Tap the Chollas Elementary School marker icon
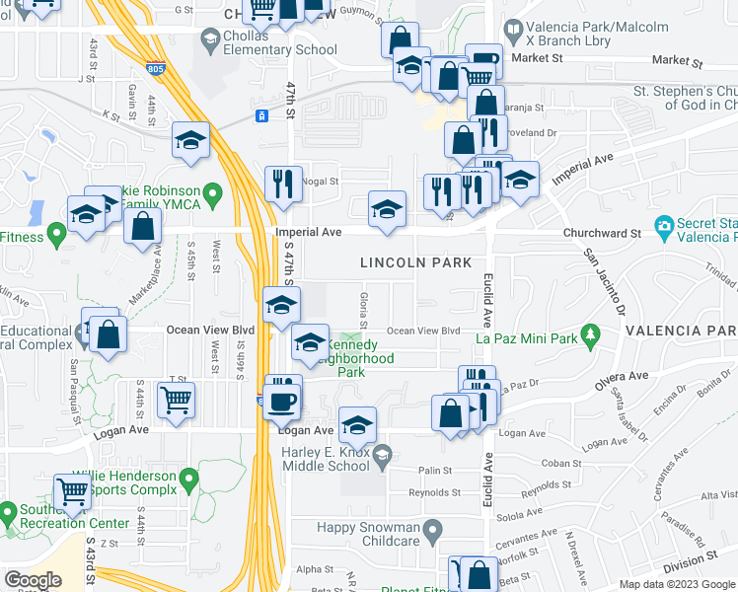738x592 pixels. pos(210,38)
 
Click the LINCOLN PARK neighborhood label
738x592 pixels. pos(415,263)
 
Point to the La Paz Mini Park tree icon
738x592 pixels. pos(590,335)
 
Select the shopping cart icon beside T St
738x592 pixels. pos(176,400)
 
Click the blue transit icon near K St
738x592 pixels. pos(261,116)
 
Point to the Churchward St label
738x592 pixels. pos(605,234)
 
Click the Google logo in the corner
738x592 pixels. pos(33,580)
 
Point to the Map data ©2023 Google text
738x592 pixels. pos(676,584)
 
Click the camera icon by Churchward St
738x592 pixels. pos(664,227)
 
